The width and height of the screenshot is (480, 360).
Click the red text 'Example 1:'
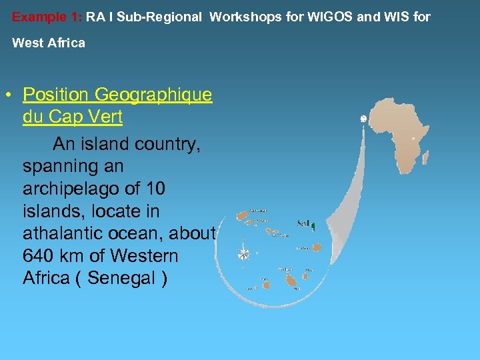click(x=47, y=17)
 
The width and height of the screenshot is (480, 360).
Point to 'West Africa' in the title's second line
click(x=49, y=43)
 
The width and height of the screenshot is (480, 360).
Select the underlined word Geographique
click(x=155, y=95)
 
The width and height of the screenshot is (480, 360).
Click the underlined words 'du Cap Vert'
click(x=72, y=117)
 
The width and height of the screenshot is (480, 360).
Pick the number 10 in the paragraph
click(x=153, y=189)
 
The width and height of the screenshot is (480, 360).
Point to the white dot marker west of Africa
click(x=363, y=118)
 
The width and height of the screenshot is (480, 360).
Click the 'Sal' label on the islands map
click(x=303, y=223)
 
